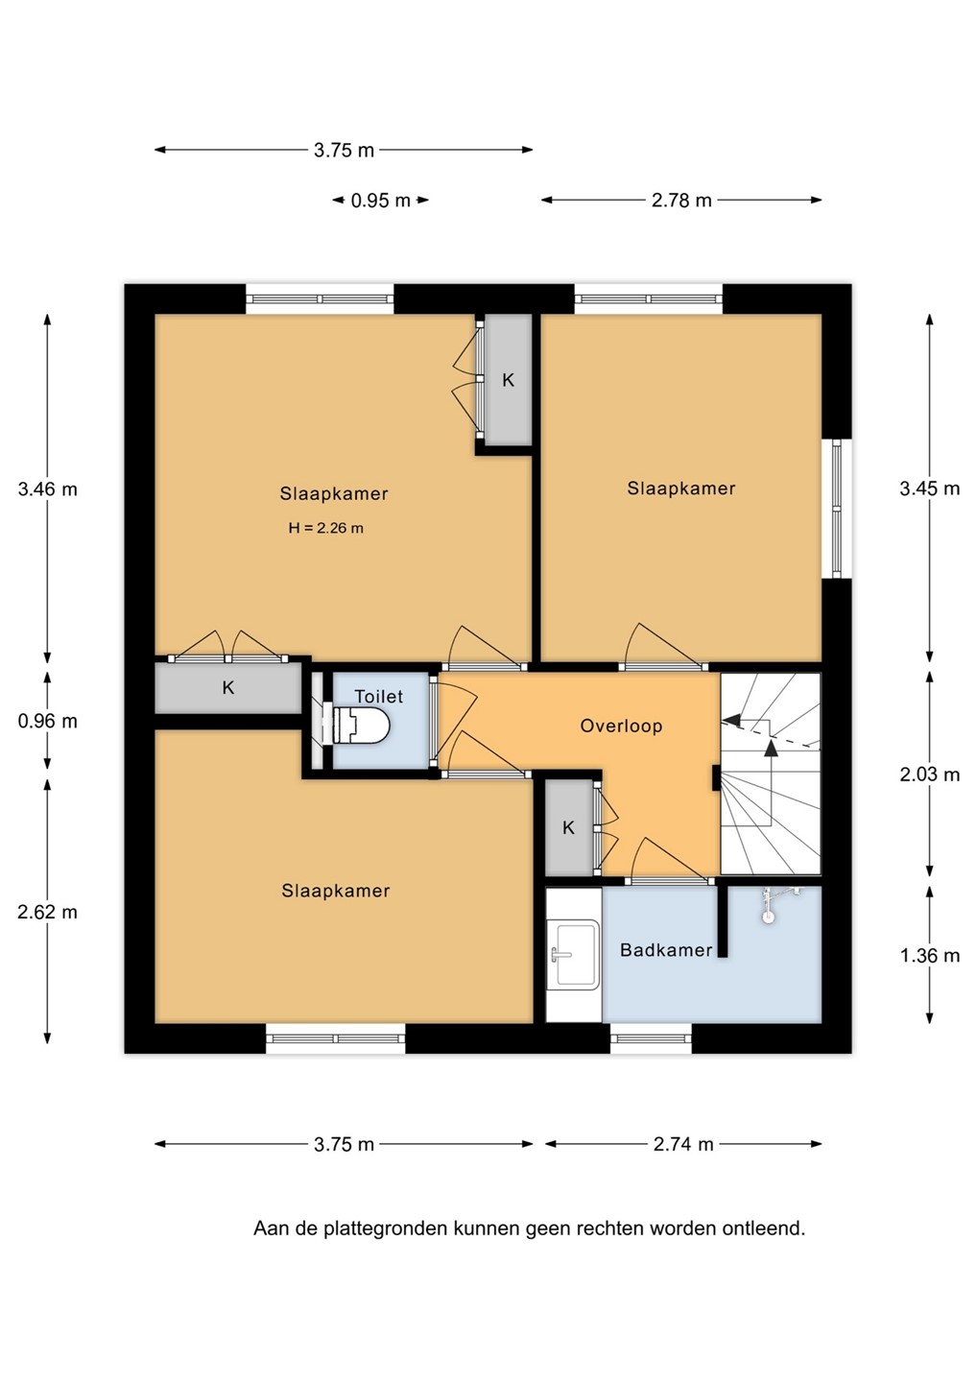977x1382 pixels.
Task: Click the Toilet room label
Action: [x=379, y=697]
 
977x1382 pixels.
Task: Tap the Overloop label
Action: [x=621, y=726]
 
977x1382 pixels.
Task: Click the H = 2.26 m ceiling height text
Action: [x=326, y=528]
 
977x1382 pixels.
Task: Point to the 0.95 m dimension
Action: [x=381, y=201]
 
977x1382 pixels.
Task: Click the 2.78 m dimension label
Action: [x=681, y=201]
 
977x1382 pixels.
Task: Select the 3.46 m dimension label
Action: [x=47, y=489]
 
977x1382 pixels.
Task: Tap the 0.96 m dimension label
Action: [x=47, y=721]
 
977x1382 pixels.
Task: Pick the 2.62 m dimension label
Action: [x=47, y=912]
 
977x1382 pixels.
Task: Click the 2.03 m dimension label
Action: [x=930, y=774]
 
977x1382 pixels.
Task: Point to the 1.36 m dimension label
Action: [x=930, y=956]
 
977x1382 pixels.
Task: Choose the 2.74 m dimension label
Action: [x=683, y=1144]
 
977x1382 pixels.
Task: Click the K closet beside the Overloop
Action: [x=569, y=827]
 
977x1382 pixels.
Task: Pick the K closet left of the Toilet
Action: [x=228, y=687]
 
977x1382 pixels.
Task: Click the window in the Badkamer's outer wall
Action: [x=652, y=1039]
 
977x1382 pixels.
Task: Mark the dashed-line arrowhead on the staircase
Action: [x=731, y=720]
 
